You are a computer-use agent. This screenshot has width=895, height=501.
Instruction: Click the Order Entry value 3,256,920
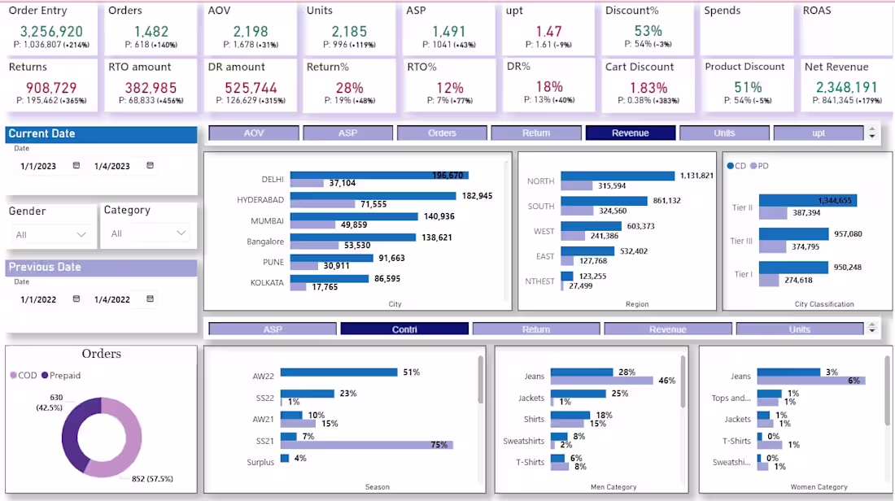(x=50, y=32)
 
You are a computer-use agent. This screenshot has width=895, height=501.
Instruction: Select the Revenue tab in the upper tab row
(x=631, y=133)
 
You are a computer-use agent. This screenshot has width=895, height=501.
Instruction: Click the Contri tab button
(x=404, y=329)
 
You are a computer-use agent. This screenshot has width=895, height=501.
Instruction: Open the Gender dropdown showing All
(x=50, y=234)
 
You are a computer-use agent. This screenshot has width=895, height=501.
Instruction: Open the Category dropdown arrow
(x=181, y=233)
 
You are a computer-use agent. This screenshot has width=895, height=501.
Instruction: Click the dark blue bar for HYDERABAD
(x=373, y=196)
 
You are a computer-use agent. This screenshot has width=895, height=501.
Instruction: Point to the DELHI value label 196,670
(x=447, y=175)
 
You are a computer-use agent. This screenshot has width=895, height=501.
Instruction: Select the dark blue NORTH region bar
(x=617, y=176)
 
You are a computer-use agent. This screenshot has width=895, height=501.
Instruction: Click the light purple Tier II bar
(x=772, y=213)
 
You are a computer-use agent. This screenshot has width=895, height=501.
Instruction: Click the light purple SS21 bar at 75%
(x=366, y=445)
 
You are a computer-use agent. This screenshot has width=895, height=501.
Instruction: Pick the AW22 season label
(x=264, y=377)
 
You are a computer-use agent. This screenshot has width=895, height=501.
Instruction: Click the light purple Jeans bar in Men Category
(x=601, y=381)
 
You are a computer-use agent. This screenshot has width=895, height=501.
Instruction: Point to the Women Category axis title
(x=820, y=487)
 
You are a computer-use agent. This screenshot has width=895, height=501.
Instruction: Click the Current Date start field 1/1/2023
(x=38, y=166)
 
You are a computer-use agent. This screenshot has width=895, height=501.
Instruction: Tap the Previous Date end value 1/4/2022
(x=111, y=299)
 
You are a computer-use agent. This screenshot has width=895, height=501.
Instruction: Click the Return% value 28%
(x=349, y=87)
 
